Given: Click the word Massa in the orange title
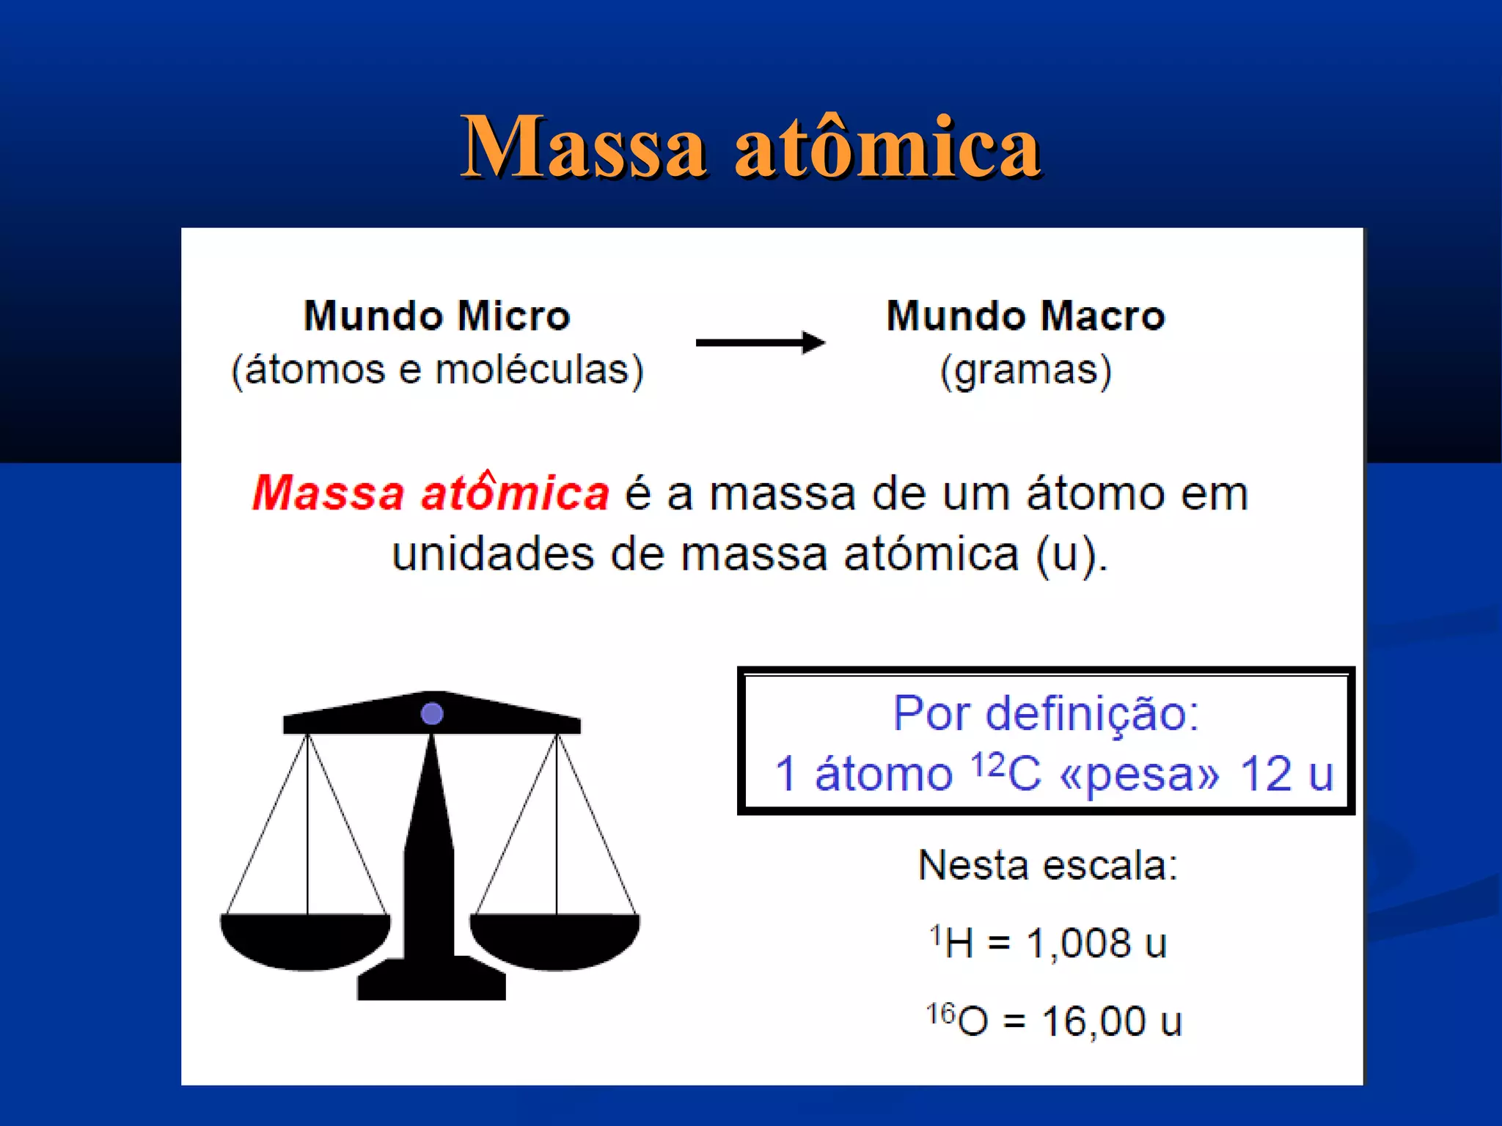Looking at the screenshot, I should [x=584, y=147].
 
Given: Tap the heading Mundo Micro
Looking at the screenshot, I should [x=437, y=316].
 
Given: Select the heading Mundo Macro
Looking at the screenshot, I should [x=1025, y=316].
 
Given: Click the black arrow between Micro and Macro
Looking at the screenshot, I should [x=760, y=342].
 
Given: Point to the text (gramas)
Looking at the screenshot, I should [x=1025, y=370].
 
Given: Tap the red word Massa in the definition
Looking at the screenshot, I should [x=328, y=493].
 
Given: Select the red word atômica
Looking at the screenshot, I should [x=515, y=493].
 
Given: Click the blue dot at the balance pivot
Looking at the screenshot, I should [x=432, y=713].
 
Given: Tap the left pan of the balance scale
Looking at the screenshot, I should [x=306, y=940].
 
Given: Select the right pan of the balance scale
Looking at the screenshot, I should [x=555, y=940].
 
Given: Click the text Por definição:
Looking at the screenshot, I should [x=1046, y=713].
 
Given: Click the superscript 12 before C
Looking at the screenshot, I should [x=987, y=764].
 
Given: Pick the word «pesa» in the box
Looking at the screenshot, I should [x=1140, y=774].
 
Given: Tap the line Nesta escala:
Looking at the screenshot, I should [x=1047, y=866].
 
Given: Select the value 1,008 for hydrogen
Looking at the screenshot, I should [x=1078, y=943].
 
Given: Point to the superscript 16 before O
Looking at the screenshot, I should [x=940, y=1014].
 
